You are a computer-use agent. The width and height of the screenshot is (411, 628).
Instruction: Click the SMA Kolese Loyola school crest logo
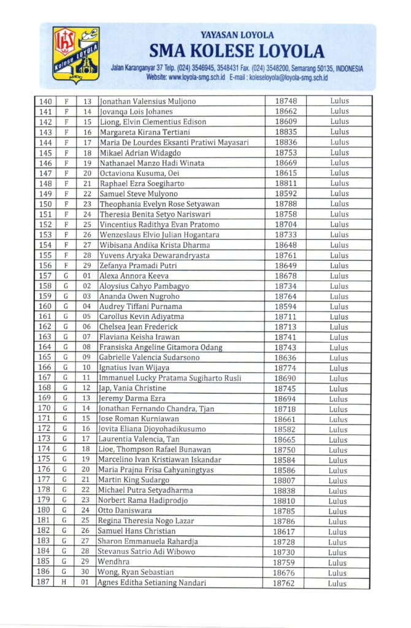(76, 55)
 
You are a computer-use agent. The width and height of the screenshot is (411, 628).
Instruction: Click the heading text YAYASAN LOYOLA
(237, 36)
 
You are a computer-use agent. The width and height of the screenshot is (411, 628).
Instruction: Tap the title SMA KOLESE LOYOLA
(236, 50)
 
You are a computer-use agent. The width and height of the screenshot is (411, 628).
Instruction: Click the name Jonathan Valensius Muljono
(147, 101)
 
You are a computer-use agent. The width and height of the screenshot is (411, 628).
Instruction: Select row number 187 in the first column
(45, 583)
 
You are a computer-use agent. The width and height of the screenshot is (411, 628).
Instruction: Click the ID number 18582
(285, 429)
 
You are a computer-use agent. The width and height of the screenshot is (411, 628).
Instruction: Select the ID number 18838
(285, 491)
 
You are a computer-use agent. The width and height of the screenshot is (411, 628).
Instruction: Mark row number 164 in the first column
(45, 347)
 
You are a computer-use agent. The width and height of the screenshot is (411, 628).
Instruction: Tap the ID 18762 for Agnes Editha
(285, 583)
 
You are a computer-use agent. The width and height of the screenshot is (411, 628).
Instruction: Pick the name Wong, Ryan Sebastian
(135, 572)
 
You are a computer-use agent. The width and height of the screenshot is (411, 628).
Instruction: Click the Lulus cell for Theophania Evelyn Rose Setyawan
(339, 204)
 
